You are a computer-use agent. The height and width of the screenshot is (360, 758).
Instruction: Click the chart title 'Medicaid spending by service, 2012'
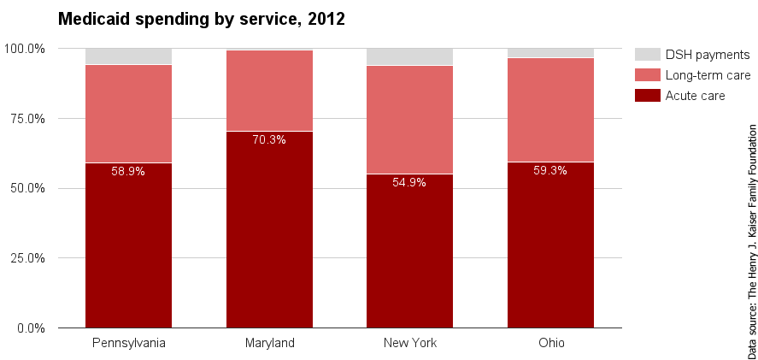click(201, 19)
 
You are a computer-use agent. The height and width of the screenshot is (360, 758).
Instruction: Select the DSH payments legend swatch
click(647, 55)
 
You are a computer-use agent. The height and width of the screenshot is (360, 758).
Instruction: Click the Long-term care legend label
click(708, 75)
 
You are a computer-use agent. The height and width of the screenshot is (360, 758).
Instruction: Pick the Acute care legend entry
click(695, 96)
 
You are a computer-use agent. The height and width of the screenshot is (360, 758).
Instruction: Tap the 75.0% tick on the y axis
click(27, 119)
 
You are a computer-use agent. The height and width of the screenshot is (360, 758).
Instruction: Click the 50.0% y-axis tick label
click(27, 188)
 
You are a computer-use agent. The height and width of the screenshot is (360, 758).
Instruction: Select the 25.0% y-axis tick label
click(27, 258)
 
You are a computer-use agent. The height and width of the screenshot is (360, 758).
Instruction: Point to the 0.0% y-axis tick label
click(30, 328)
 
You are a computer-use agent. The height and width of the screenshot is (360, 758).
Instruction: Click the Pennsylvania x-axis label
click(128, 344)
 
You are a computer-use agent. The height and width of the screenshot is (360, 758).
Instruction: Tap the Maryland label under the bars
click(269, 344)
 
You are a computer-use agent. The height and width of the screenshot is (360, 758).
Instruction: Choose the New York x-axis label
click(409, 344)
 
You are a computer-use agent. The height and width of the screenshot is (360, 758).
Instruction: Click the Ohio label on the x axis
click(550, 344)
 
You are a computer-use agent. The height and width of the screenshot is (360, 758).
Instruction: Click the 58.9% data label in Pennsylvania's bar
click(128, 171)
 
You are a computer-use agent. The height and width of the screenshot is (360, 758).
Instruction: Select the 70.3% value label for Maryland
click(269, 139)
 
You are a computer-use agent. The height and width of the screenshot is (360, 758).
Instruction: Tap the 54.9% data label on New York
click(409, 182)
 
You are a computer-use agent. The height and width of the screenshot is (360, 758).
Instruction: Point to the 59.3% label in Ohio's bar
click(550, 170)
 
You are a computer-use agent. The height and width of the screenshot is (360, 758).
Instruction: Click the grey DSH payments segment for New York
click(409, 56)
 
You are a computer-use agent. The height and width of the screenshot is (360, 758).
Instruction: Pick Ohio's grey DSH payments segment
click(550, 53)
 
